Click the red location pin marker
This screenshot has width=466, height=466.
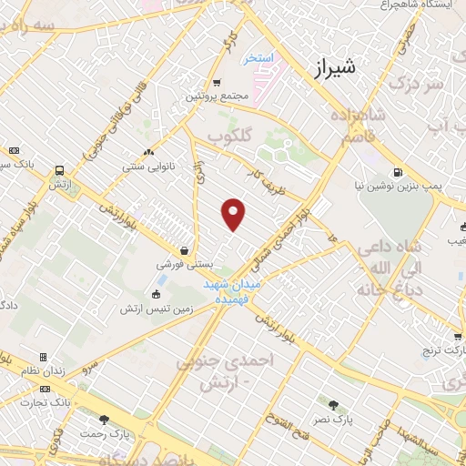tap(234, 214)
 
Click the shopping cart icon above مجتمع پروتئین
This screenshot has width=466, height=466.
tap(217, 84)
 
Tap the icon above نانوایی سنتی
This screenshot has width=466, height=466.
tap(148, 152)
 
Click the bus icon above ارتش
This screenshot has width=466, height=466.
tap(60, 170)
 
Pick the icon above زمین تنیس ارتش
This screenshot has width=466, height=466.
tap(156, 294)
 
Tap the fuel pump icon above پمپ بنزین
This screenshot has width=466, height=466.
tap(398, 172)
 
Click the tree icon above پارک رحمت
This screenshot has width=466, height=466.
tap(104, 420)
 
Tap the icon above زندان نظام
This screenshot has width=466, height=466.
tap(43, 358)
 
